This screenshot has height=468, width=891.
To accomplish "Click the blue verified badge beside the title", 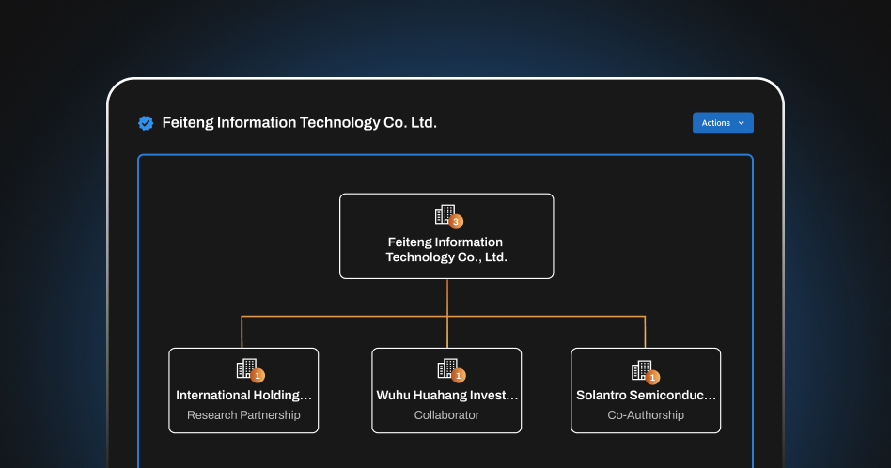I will (146, 123).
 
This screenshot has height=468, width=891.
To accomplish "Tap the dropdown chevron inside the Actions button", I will (741, 123).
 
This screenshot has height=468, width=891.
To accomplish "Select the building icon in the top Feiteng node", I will (444, 214).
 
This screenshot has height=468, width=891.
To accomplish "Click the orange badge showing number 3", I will (456, 222).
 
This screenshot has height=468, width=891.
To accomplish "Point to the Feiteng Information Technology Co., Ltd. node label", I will (445, 250).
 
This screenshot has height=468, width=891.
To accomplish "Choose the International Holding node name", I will (243, 396).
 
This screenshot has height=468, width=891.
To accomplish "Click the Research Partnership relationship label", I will (243, 415).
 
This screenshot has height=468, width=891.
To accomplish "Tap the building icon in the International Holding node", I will (245, 368).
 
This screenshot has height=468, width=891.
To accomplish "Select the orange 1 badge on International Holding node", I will (258, 376).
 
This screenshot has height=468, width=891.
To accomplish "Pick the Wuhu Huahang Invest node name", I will (446, 396).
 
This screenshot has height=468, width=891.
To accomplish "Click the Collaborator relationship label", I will (446, 415).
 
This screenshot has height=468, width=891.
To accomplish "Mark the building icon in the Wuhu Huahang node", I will (446, 368).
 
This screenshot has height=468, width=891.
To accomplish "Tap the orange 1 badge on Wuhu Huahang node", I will (459, 376).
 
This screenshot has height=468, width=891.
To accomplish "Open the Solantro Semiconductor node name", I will (646, 396).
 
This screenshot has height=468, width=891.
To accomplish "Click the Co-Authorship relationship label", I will (646, 415).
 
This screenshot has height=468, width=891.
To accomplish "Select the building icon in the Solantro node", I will (640, 369).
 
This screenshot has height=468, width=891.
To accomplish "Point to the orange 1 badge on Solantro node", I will (652, 377).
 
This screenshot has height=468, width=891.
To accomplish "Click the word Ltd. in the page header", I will (423, 123).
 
